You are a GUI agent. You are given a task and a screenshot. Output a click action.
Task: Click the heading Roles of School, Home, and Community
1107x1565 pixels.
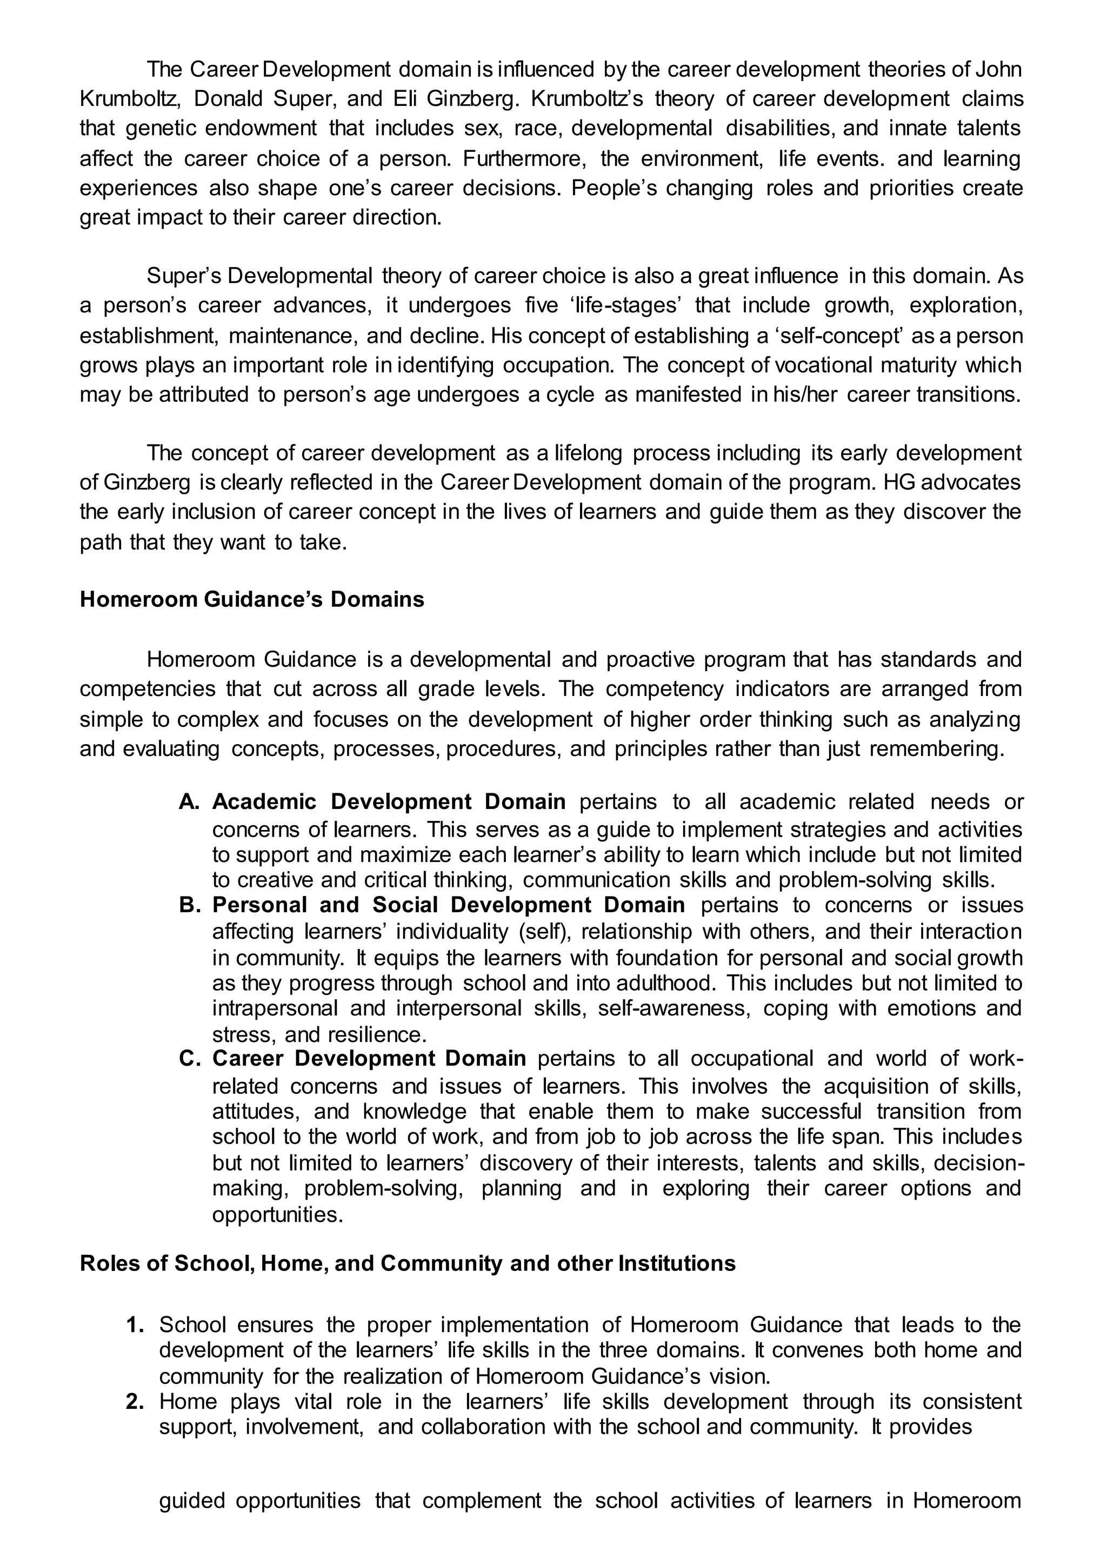(408, 1263)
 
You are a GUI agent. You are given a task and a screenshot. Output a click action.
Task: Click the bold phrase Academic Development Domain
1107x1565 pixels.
(389, 801)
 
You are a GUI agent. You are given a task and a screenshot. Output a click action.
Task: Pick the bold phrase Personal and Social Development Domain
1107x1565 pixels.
(449, 905)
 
